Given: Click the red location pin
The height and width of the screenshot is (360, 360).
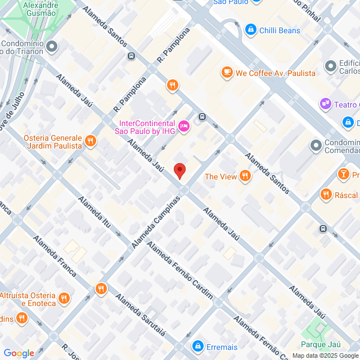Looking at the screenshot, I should coord(179,170).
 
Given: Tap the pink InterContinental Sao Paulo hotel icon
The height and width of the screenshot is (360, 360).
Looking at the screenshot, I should coord(183,127).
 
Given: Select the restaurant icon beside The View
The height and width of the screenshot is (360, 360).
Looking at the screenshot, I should coord(245,176).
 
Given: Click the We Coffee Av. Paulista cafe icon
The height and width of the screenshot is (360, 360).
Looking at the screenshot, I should coord(227,73).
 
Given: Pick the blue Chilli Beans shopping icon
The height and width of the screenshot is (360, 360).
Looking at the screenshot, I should coord(250,30).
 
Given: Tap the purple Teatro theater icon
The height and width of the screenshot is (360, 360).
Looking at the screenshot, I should coord(325,104).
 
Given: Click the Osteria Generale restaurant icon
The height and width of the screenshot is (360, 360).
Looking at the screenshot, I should coord(90,140).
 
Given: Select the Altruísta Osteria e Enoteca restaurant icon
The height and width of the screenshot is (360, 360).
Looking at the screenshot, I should coord(64,298).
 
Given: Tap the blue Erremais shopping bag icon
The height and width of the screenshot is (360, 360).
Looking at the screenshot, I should coord(197,346).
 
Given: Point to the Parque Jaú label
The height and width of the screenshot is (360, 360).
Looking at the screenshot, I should coord(321,344).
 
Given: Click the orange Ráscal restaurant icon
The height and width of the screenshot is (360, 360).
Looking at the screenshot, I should coord(326,195).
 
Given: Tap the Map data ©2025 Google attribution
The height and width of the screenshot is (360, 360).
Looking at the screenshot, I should coord(325,355).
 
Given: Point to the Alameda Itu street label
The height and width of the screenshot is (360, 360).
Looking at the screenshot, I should coord(99,216).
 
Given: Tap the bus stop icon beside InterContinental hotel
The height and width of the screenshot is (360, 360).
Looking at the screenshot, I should coord(202,116).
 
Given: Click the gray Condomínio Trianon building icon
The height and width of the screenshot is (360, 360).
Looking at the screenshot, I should coord(52,47).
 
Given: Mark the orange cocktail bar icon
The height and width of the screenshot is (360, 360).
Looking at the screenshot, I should coord(343,174).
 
